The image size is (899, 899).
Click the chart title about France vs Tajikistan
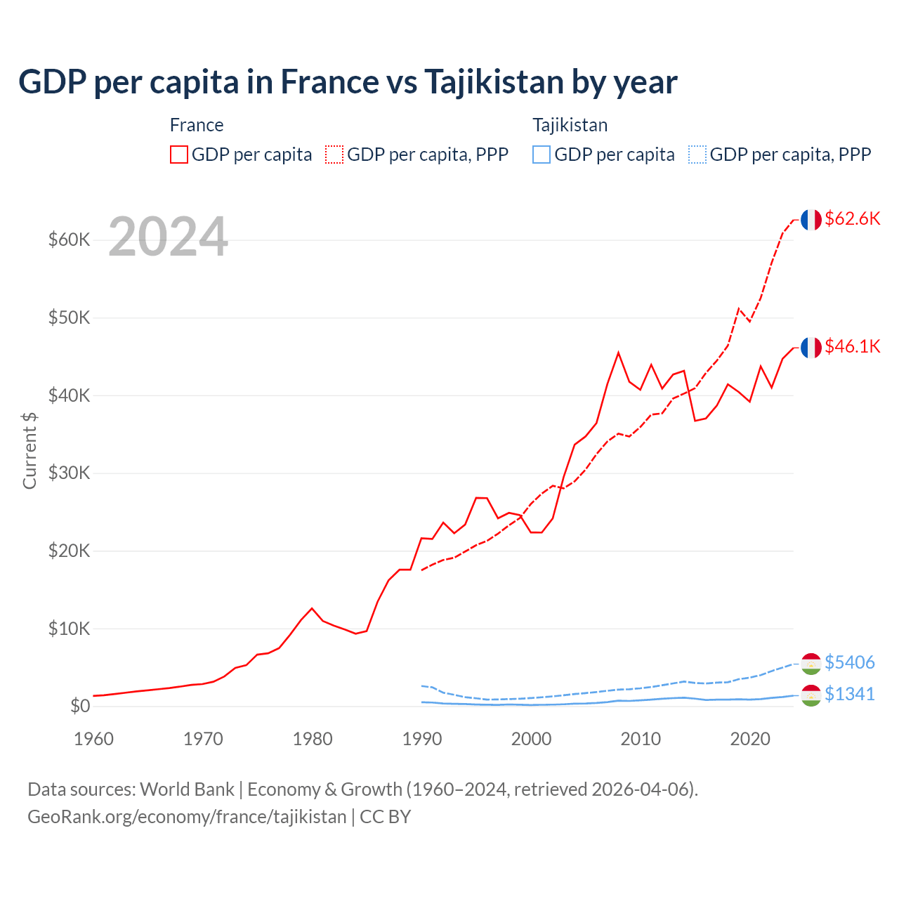point(348,82)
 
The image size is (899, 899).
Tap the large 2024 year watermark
point(168,237)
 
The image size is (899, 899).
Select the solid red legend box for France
point(179,155)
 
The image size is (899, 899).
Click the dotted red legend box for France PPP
point(334,155)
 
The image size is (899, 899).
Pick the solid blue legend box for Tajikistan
point(542,155)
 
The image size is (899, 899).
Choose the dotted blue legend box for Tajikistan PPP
point(697,155)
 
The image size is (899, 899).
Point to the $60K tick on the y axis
point(70,239)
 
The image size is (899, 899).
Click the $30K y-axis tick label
point(70,473)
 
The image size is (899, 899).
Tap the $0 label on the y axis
point(80,706)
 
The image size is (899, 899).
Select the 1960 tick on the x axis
point(93,739)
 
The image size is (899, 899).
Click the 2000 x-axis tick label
point(532,739)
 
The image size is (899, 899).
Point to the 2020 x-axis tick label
point(751,739)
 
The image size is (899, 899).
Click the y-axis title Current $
point(29,449)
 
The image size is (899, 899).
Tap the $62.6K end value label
point(852,218)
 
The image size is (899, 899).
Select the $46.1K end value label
point(852,346)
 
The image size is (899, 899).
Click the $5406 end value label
point(849,662)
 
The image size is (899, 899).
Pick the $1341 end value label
point(849,694)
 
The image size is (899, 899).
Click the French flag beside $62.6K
point(811,220)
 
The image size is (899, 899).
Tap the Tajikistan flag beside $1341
point(811,695)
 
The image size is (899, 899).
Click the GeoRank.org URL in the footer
point(187,817)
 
